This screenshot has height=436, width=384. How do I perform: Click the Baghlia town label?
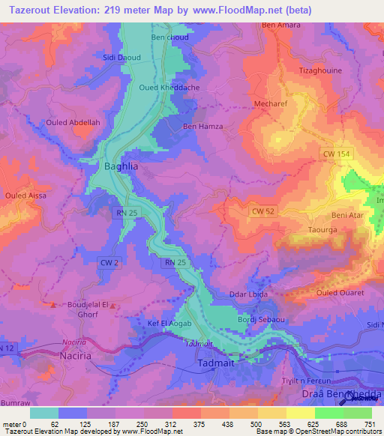pyautogui.click(x=120, y=166)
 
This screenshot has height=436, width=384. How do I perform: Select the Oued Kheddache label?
pyautogui.click(x=164, y=88)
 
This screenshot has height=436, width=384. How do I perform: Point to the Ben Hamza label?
pyautogui.click(x=202, y=127)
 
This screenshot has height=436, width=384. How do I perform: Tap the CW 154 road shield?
pyautogui.click(x=337, y=154)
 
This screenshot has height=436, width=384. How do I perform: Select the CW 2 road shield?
pyautogui.click(x=109, y=261)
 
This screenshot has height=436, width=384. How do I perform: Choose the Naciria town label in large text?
pyautogui.click(x=75, y=357)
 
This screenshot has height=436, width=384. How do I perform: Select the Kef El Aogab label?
pyautogui.click(x=169, y=324)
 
